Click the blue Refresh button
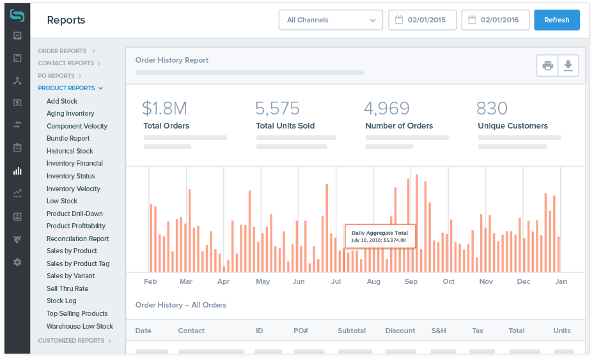tap(556, 20)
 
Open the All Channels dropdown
tap(331, 20)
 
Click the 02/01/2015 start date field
tap(423, 20)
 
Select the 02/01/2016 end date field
tap(496, 20)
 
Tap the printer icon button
tap(547, 65)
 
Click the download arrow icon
tap(568, 65)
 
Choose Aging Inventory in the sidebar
tap(70, 113)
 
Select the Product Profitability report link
tap(76, 226)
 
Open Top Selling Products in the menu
tap(77, 313)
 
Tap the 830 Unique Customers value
tap(492, 108)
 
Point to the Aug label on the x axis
tap(373, 281)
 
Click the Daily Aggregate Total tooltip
tap(380, 236)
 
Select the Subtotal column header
tap(352, 331)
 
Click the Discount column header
tap(400, 331)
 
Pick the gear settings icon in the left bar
tap(17, 262)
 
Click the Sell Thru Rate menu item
tap(67, 288)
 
